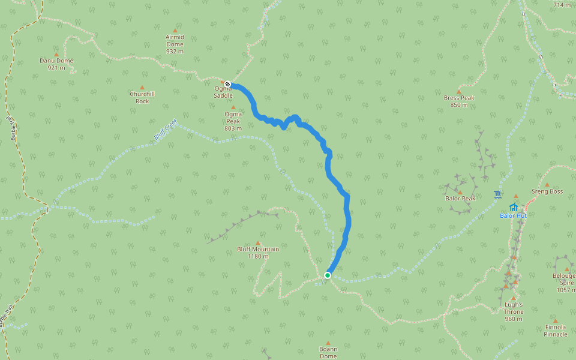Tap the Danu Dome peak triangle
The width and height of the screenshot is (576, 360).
[56, 55]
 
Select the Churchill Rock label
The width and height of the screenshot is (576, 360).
[142, 97]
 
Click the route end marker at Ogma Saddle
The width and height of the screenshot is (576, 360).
[228, 85]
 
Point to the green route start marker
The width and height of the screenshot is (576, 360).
[328, 275]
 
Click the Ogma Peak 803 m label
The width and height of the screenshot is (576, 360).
[233, 121]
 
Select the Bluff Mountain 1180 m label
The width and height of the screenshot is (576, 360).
[258, 253]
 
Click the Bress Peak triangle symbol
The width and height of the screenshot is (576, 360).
[459, 92]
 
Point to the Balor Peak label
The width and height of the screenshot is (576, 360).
[460, 199]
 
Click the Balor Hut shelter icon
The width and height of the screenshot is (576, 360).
[514, 208]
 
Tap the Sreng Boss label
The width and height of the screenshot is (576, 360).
[547, 192]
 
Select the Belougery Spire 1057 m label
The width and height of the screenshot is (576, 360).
[565, 283]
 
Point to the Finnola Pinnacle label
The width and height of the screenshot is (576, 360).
[555, 331]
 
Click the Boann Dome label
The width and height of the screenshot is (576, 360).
[328, 352]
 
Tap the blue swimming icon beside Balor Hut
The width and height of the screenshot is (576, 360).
[498, 194]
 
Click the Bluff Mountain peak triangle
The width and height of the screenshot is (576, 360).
[259, 242]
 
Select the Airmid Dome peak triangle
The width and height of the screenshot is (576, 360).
[175, 30]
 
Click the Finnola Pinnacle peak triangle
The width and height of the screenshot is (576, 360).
[555, 320]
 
